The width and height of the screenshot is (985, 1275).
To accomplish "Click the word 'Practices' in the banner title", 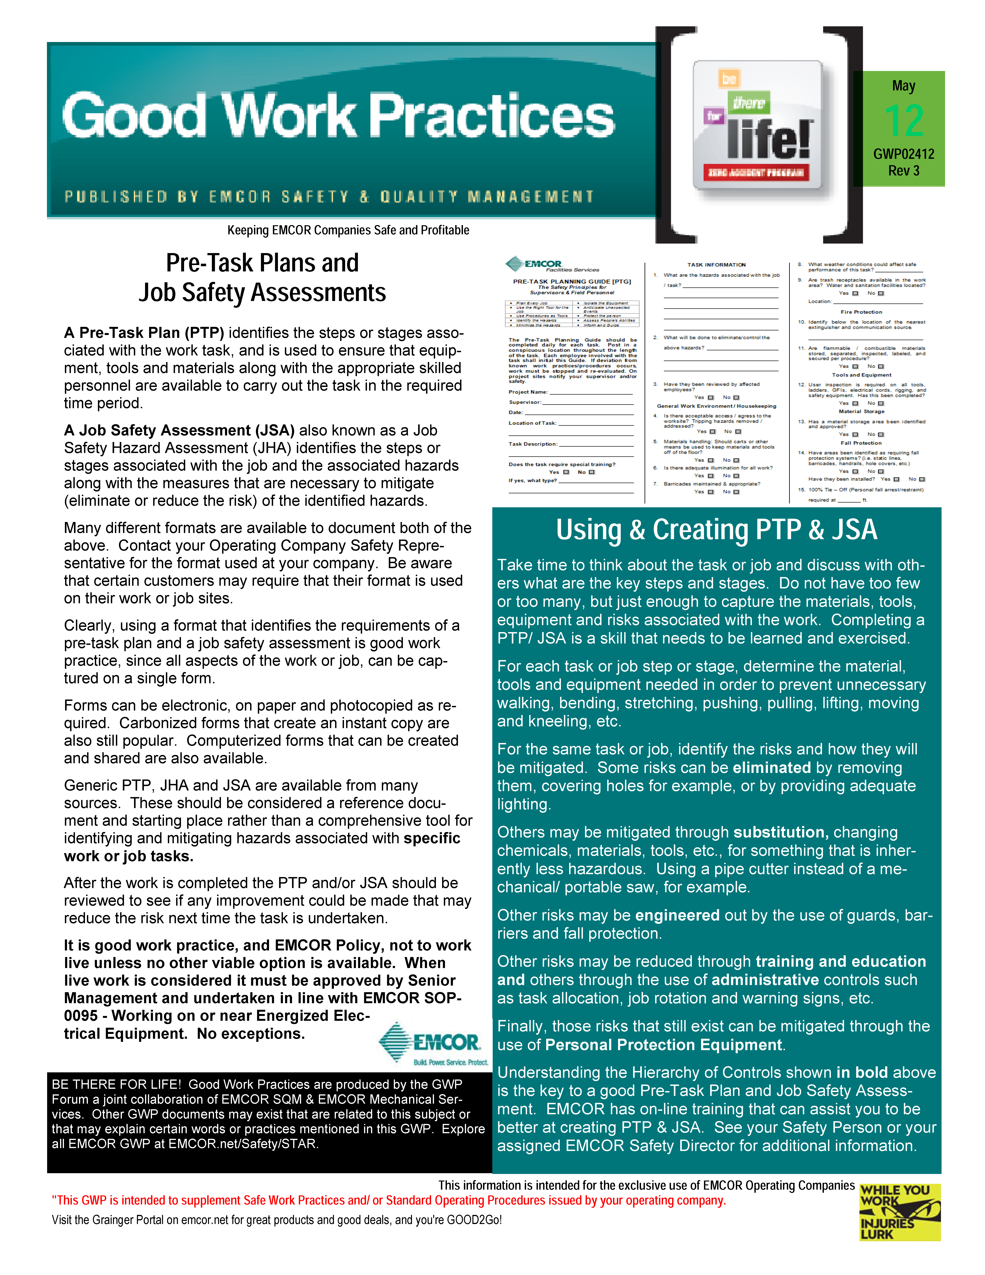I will (x=491, y=116).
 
